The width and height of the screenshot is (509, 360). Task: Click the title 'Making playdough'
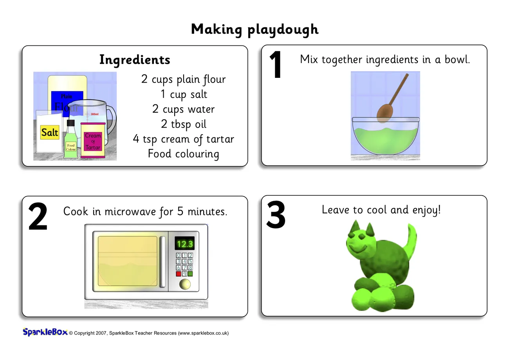(254, 29)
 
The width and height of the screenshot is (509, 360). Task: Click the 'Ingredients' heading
(135, 60)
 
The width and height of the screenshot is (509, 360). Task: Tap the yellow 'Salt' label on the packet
(50, 132)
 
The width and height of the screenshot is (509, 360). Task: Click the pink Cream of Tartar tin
(93, 140)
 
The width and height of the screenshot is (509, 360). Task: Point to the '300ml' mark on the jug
(94, 114)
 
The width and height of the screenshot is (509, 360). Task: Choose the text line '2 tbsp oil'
(184, 124)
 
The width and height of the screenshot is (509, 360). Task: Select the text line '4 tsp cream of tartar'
(183, 139)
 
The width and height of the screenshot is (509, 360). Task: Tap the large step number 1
(276, 65)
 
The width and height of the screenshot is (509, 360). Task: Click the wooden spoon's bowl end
(384, 113)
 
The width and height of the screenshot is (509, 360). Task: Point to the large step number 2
(38, 216)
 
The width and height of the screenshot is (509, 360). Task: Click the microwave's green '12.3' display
(184, 244)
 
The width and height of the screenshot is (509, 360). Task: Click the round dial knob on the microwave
(185, 284)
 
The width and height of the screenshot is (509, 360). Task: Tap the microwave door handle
(162, 262)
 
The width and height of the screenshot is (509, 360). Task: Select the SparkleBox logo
(45, 332)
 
